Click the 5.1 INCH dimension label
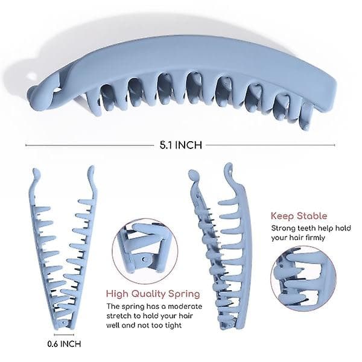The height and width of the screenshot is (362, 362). tap(181, 145)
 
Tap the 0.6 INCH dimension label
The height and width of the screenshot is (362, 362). tap(64, 344)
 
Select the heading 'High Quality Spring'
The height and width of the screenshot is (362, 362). tap(153, 294)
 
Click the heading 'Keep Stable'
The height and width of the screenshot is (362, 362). tap(299, 216)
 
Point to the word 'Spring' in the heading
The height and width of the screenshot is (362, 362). tap(184, 294)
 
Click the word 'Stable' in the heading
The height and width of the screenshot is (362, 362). tap(312, 216)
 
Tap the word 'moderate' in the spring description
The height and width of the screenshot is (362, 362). tap(185, 306)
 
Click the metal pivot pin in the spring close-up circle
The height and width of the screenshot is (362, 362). tap(145, 259)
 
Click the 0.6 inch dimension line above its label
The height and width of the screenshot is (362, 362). tap(64, 334)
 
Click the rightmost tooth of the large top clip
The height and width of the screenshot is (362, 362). tap(306, 116)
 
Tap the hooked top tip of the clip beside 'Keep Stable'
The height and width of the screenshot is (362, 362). tap(229, 167)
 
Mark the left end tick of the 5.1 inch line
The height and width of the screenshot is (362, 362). tap(26, 145)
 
